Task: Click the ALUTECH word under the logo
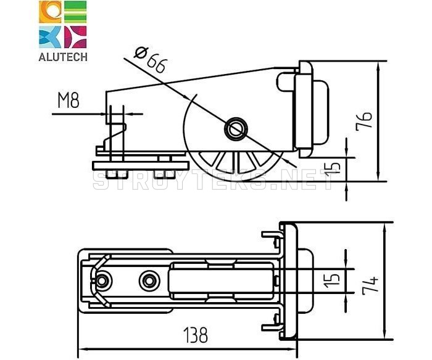[63, 57]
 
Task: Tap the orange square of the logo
[50, 12]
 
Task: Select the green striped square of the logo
[75, 12]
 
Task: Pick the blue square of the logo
[50, 37]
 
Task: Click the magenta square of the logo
[75, 37]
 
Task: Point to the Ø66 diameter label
[151, 60]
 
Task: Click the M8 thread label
[69, 100]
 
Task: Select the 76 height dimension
[363, 121]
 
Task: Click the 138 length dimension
[196, 335]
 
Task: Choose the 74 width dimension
[370, 285]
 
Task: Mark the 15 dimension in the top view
[332, 280]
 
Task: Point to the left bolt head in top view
[102, 280]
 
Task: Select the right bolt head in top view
[149, 280]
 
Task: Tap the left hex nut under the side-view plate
[117, 174]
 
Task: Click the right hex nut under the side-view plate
[165, 174]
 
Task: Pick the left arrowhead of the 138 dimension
[83, 350]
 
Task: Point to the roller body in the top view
[222, 280]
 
